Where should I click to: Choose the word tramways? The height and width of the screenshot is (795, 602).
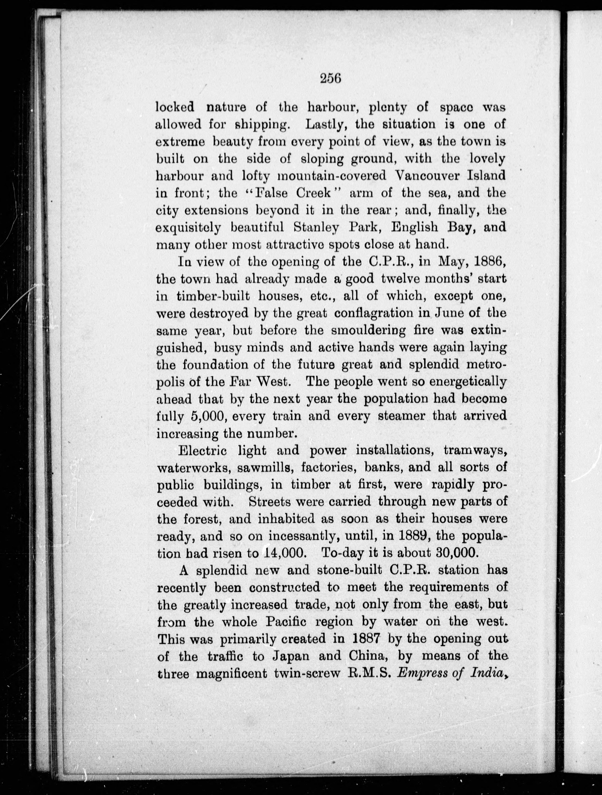475,450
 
